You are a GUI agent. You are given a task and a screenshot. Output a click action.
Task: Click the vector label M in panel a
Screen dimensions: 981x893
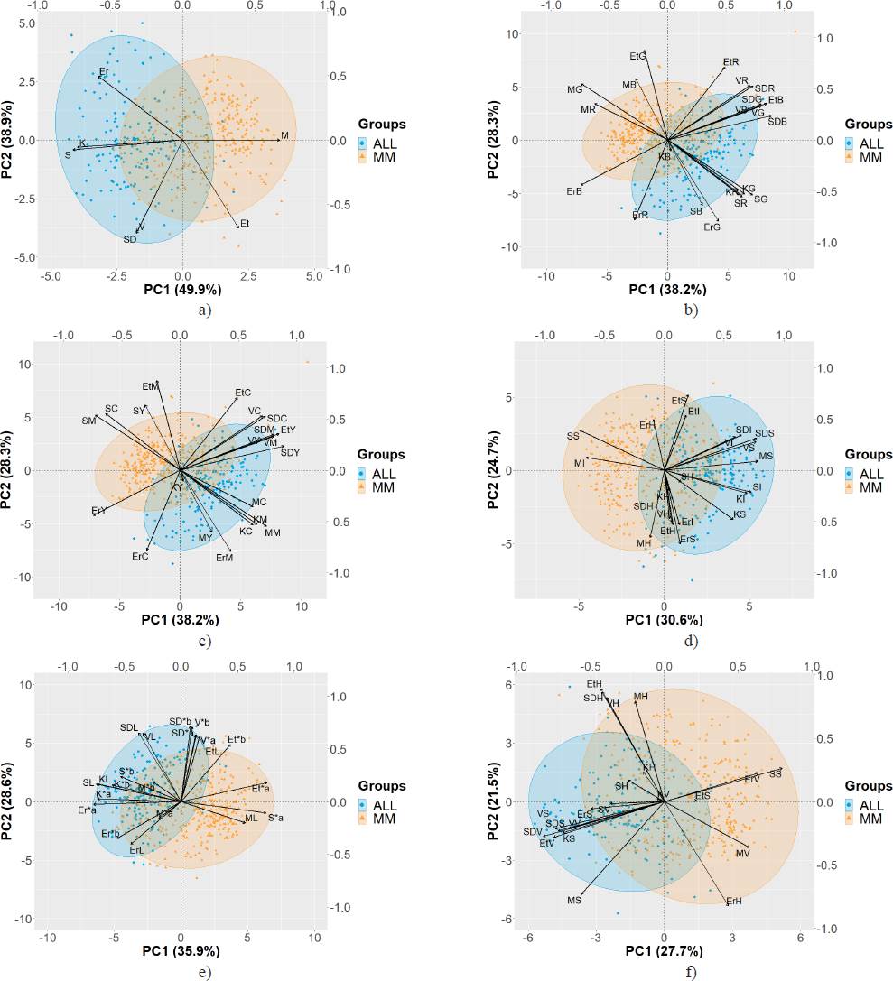click(284, 136)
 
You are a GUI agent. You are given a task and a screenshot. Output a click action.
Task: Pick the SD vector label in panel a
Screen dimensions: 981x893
click(130, 240)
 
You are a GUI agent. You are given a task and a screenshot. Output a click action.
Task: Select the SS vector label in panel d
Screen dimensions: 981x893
click(572, 437)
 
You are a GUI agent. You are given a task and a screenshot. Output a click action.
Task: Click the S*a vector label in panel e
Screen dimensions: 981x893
click(276, 818)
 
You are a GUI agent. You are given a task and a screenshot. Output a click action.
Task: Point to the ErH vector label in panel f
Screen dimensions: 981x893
click(733, 902)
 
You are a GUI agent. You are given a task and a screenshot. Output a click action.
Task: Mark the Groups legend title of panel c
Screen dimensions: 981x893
click(381, 451)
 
